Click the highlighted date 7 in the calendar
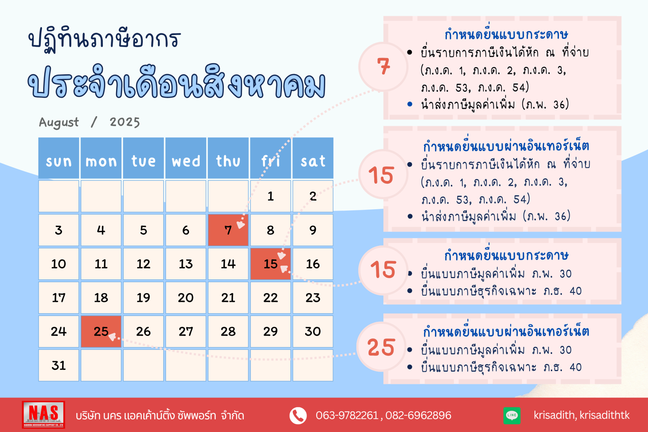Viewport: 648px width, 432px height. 228,230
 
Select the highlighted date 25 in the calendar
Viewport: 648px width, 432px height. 101,331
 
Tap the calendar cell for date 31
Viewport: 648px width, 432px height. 59,365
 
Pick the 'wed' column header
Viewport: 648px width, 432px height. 186,158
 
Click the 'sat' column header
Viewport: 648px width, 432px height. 313,158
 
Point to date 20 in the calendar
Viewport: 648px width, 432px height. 186,298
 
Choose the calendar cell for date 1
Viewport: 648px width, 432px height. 270,196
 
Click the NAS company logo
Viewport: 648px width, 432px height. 44,414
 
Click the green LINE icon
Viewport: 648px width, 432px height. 512,415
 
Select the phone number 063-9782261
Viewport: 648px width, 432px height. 347,415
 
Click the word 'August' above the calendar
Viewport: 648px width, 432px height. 59,122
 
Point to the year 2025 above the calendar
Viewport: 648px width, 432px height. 125,122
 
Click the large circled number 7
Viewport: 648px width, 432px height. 383,66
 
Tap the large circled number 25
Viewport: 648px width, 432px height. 381,347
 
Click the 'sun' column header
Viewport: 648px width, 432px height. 59,158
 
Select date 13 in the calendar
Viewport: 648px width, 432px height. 186,264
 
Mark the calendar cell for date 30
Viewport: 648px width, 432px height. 313,331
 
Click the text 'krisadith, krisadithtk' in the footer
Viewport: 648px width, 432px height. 582,415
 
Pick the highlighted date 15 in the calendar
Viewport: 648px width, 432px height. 270,264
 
